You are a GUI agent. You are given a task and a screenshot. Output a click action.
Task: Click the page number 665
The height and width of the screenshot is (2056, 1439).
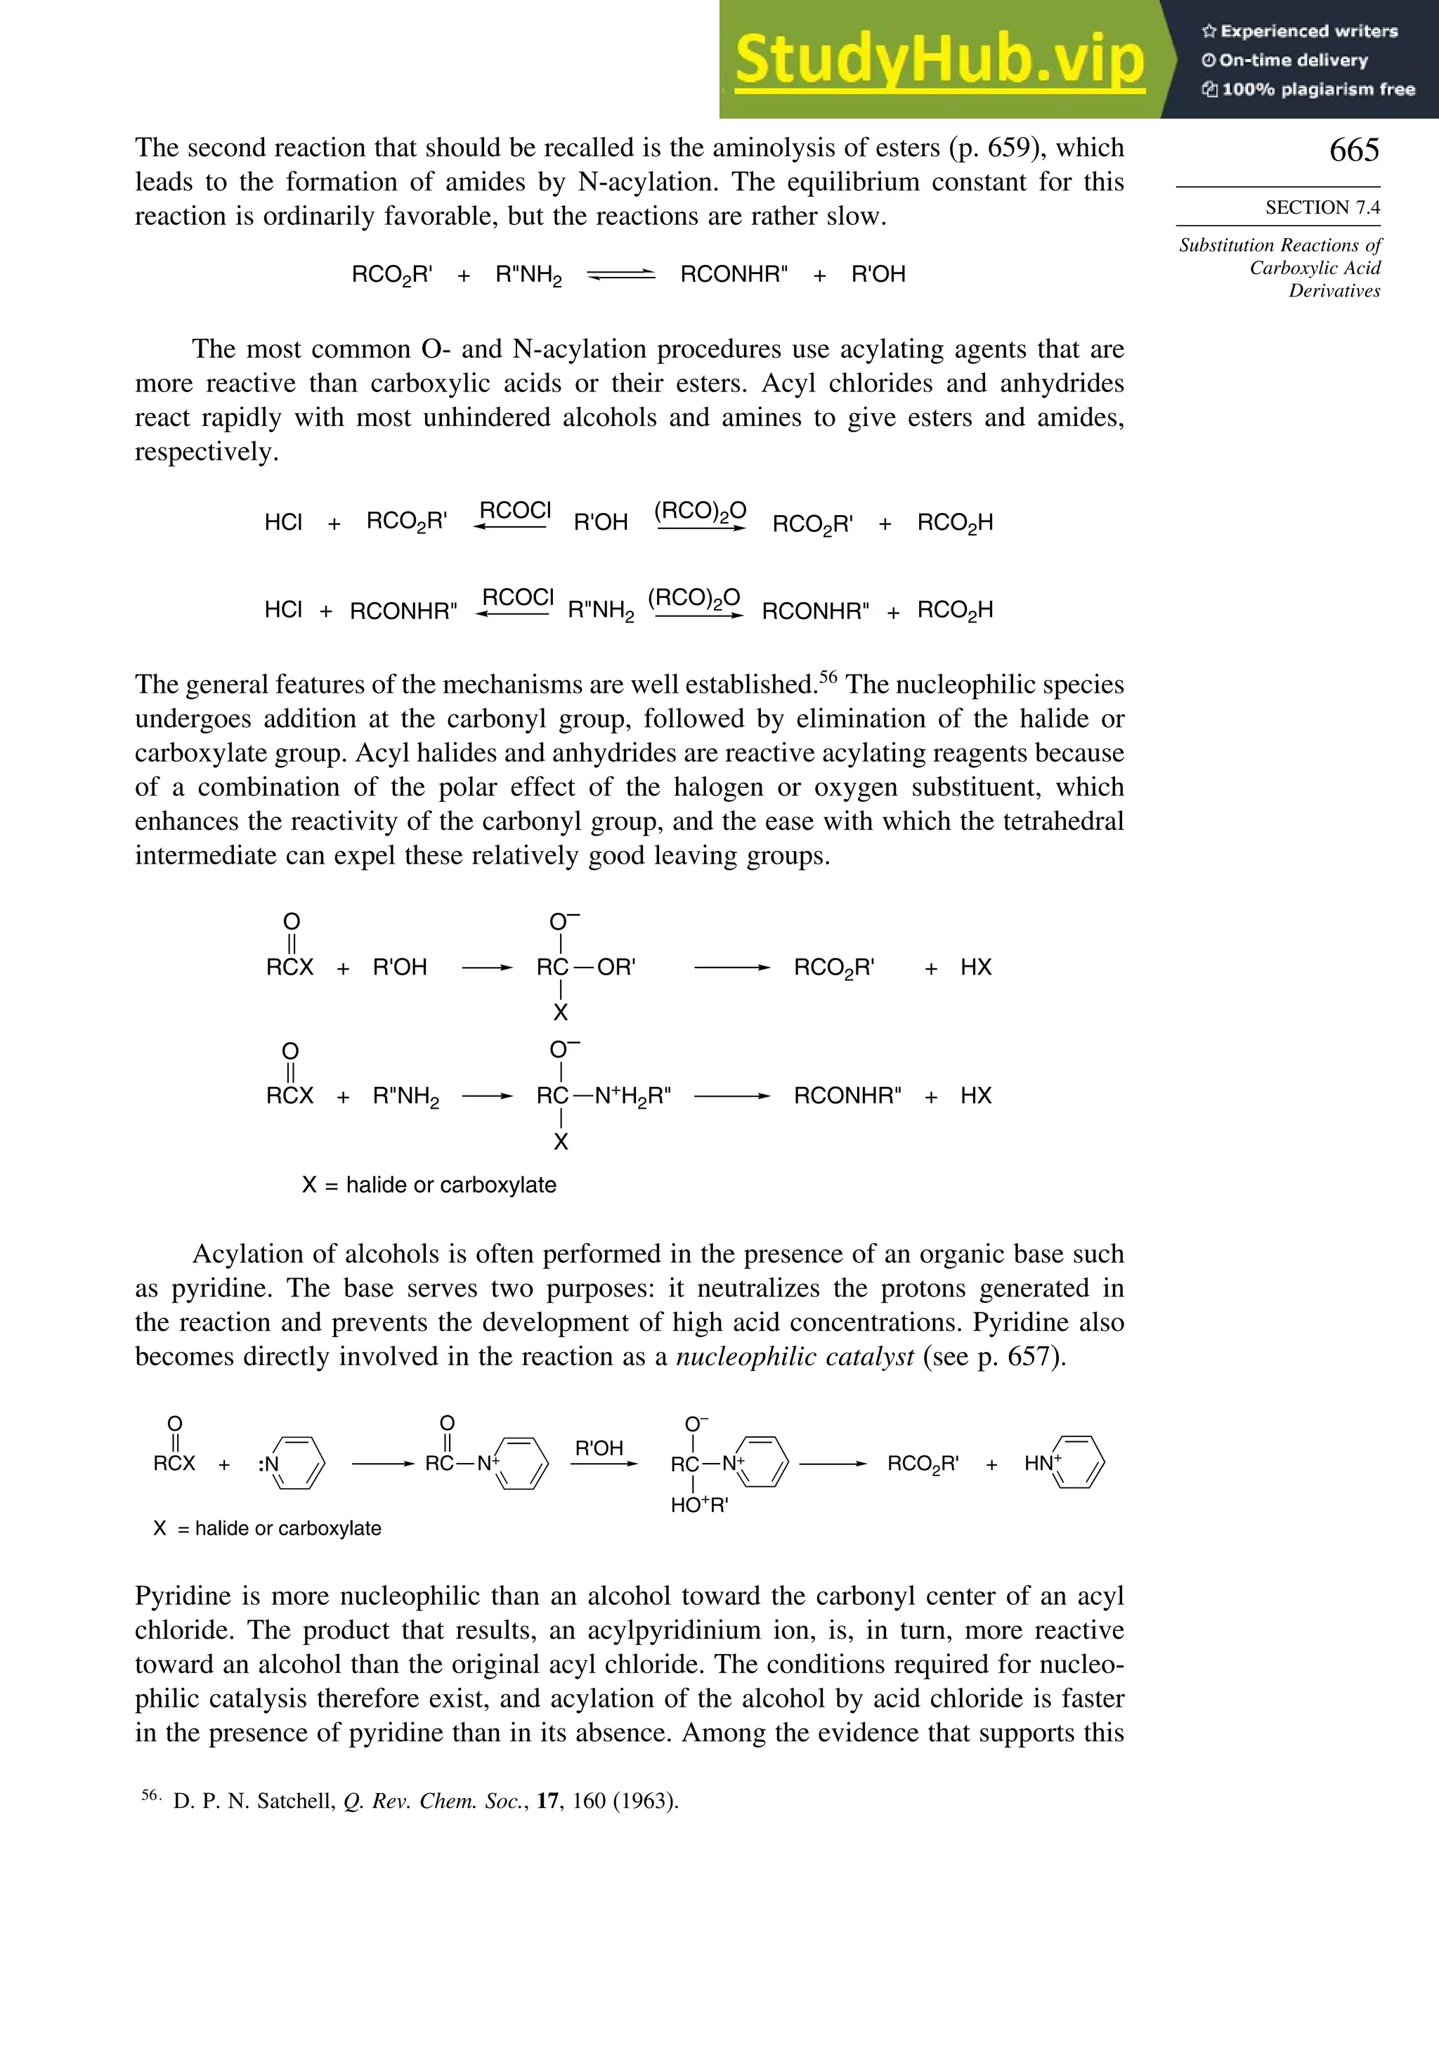click(x=1353, y=150)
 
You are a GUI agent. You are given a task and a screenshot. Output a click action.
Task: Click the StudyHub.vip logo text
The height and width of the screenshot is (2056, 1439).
click(x=939, y=60)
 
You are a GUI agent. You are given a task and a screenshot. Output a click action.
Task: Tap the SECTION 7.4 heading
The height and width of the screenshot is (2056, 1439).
click(x=1322, y=208)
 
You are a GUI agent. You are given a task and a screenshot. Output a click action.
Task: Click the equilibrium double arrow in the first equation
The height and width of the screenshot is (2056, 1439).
click(x=620, y=275)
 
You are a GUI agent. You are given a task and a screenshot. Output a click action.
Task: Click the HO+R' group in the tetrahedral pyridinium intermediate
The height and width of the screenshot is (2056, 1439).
click(x=699, y=1505)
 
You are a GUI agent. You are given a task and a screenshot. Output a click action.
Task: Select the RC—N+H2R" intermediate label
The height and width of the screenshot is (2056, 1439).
click(x=604, y=1096)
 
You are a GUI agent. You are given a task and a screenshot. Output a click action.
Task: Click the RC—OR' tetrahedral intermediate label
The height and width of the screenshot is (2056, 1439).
click(x=585, y=967)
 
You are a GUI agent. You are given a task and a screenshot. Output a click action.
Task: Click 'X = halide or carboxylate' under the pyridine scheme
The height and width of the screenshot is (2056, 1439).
click(x=267, y=1528)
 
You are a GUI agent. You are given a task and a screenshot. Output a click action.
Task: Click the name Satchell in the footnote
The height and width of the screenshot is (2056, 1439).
click(x=296, y=1801)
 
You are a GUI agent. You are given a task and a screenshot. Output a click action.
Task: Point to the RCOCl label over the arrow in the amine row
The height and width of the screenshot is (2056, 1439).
click(x=518, y=597)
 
